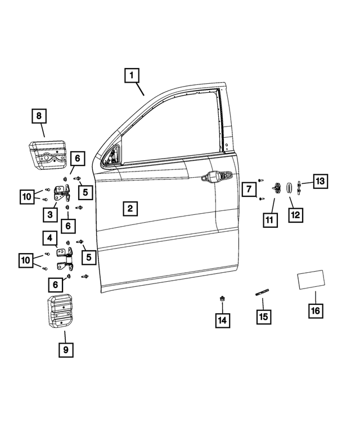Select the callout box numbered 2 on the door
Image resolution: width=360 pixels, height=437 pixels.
tap(129, 209)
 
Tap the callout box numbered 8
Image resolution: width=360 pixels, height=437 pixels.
tap(39, 117)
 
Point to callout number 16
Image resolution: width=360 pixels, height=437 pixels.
tap(316, 310)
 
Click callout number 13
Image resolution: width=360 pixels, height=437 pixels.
tap(320, 181)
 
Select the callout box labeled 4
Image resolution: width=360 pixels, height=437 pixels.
tap(50, 239)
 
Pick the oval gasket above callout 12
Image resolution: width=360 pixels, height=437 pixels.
tap(285, 187)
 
